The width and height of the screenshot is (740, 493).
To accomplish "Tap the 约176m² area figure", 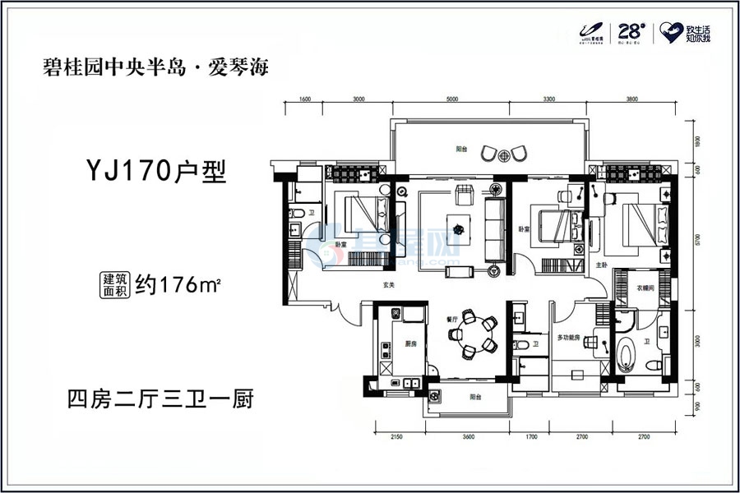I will coord(179,285).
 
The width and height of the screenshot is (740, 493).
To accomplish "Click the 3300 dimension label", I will coord(548,98).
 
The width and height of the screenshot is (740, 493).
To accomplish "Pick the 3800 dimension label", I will coord(631,98).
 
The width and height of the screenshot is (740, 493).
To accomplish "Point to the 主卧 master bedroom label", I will coord(601,265).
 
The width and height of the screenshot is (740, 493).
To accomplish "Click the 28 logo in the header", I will coord(630,32).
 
